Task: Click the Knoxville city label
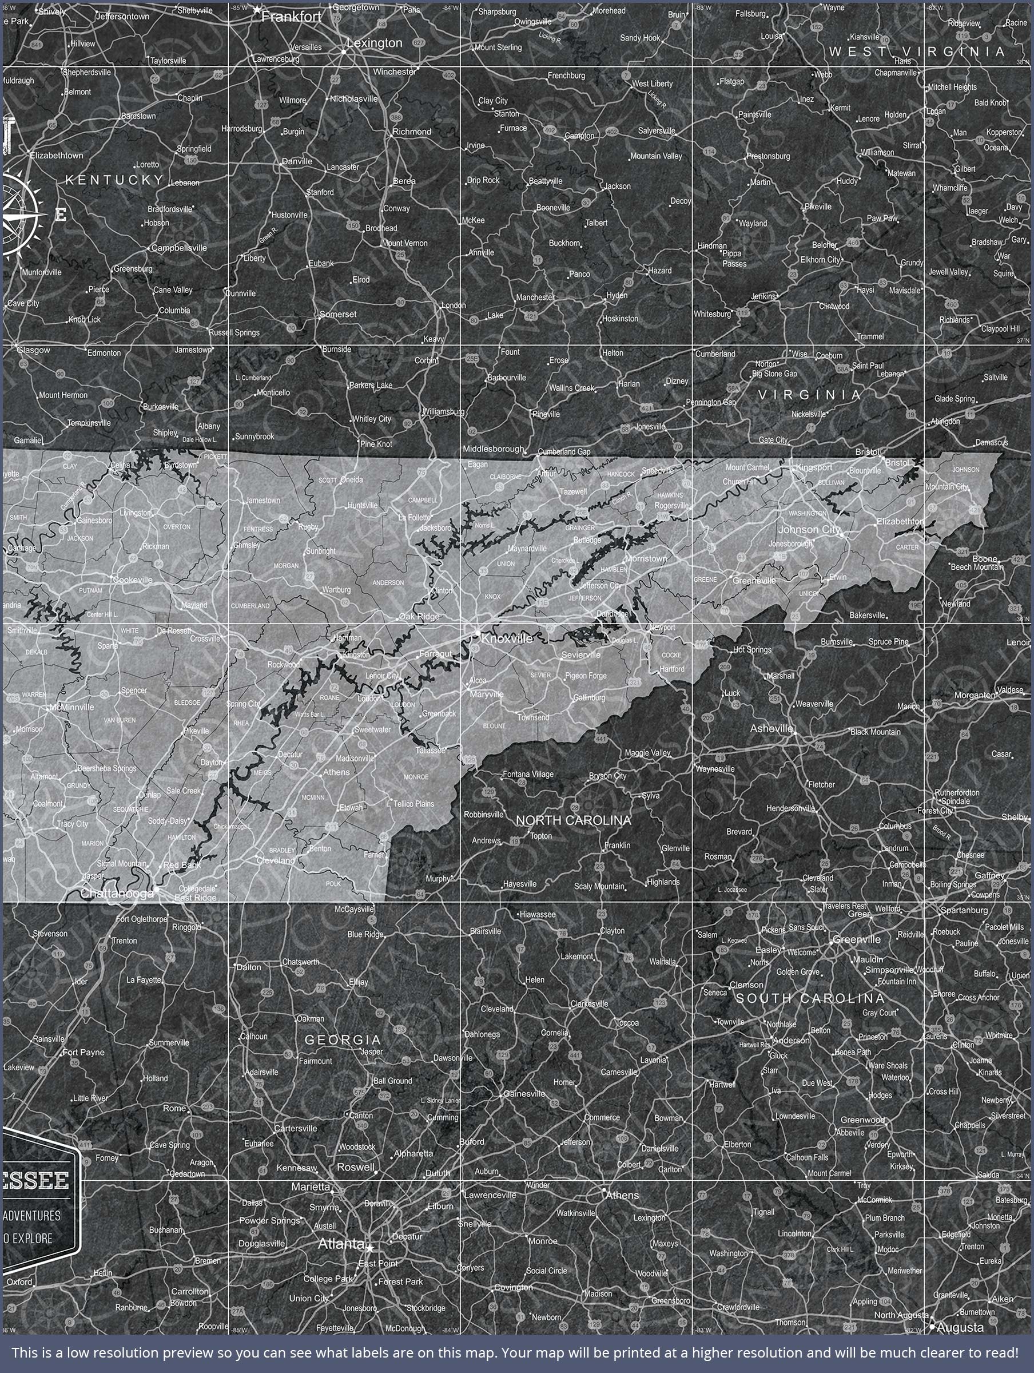point(507,638)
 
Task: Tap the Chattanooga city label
point(117,893)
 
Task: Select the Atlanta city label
point(341,1243)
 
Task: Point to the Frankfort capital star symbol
point(256,10)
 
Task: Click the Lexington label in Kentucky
point(374,43)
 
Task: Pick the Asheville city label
point(771,728)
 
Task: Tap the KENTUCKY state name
point(114,180)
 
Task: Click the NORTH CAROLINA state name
point(573,820)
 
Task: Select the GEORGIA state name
point(343,1039)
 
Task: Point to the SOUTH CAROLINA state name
point(809,998)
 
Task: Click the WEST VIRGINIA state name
point(917,51)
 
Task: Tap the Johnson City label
point(809,529)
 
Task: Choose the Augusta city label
point(960,1328)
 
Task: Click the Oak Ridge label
point(419,616)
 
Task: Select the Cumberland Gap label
point(564,452)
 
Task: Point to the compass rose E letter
point(61,215)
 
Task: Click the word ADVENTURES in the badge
point(31,1215)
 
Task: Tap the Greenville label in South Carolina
point(857,939)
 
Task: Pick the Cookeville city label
point(132,580)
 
